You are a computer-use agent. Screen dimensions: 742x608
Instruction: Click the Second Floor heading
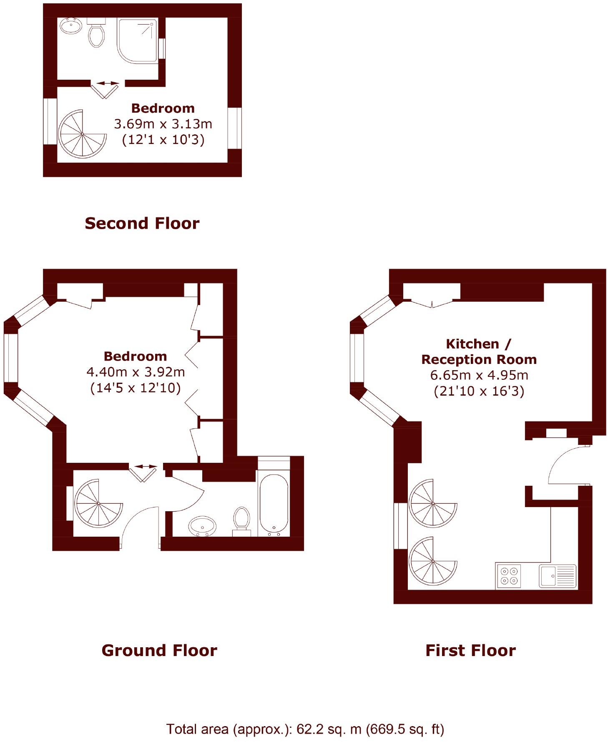click(142, 224)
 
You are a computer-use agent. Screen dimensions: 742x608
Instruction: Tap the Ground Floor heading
click(159, 651)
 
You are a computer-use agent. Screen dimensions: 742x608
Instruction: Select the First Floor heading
click(470, 651)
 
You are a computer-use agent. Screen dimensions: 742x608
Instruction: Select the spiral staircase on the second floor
click(82, 134)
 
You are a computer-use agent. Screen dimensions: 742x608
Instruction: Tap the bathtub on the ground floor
click(274, 505)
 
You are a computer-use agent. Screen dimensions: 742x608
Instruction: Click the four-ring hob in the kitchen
click(509, 576)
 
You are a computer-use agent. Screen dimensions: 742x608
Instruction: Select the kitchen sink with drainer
click(558, 576)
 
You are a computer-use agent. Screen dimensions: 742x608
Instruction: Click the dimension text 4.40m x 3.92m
click(136, 372)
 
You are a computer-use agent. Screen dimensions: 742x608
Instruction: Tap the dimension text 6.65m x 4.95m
click(479, 375)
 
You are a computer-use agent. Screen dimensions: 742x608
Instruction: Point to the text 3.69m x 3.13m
click(163, 124)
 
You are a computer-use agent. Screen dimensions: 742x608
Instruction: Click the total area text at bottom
click(305, 729)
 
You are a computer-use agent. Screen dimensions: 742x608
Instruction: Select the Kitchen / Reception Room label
click(479, 351)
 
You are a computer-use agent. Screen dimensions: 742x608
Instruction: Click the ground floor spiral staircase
click(98, 504)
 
